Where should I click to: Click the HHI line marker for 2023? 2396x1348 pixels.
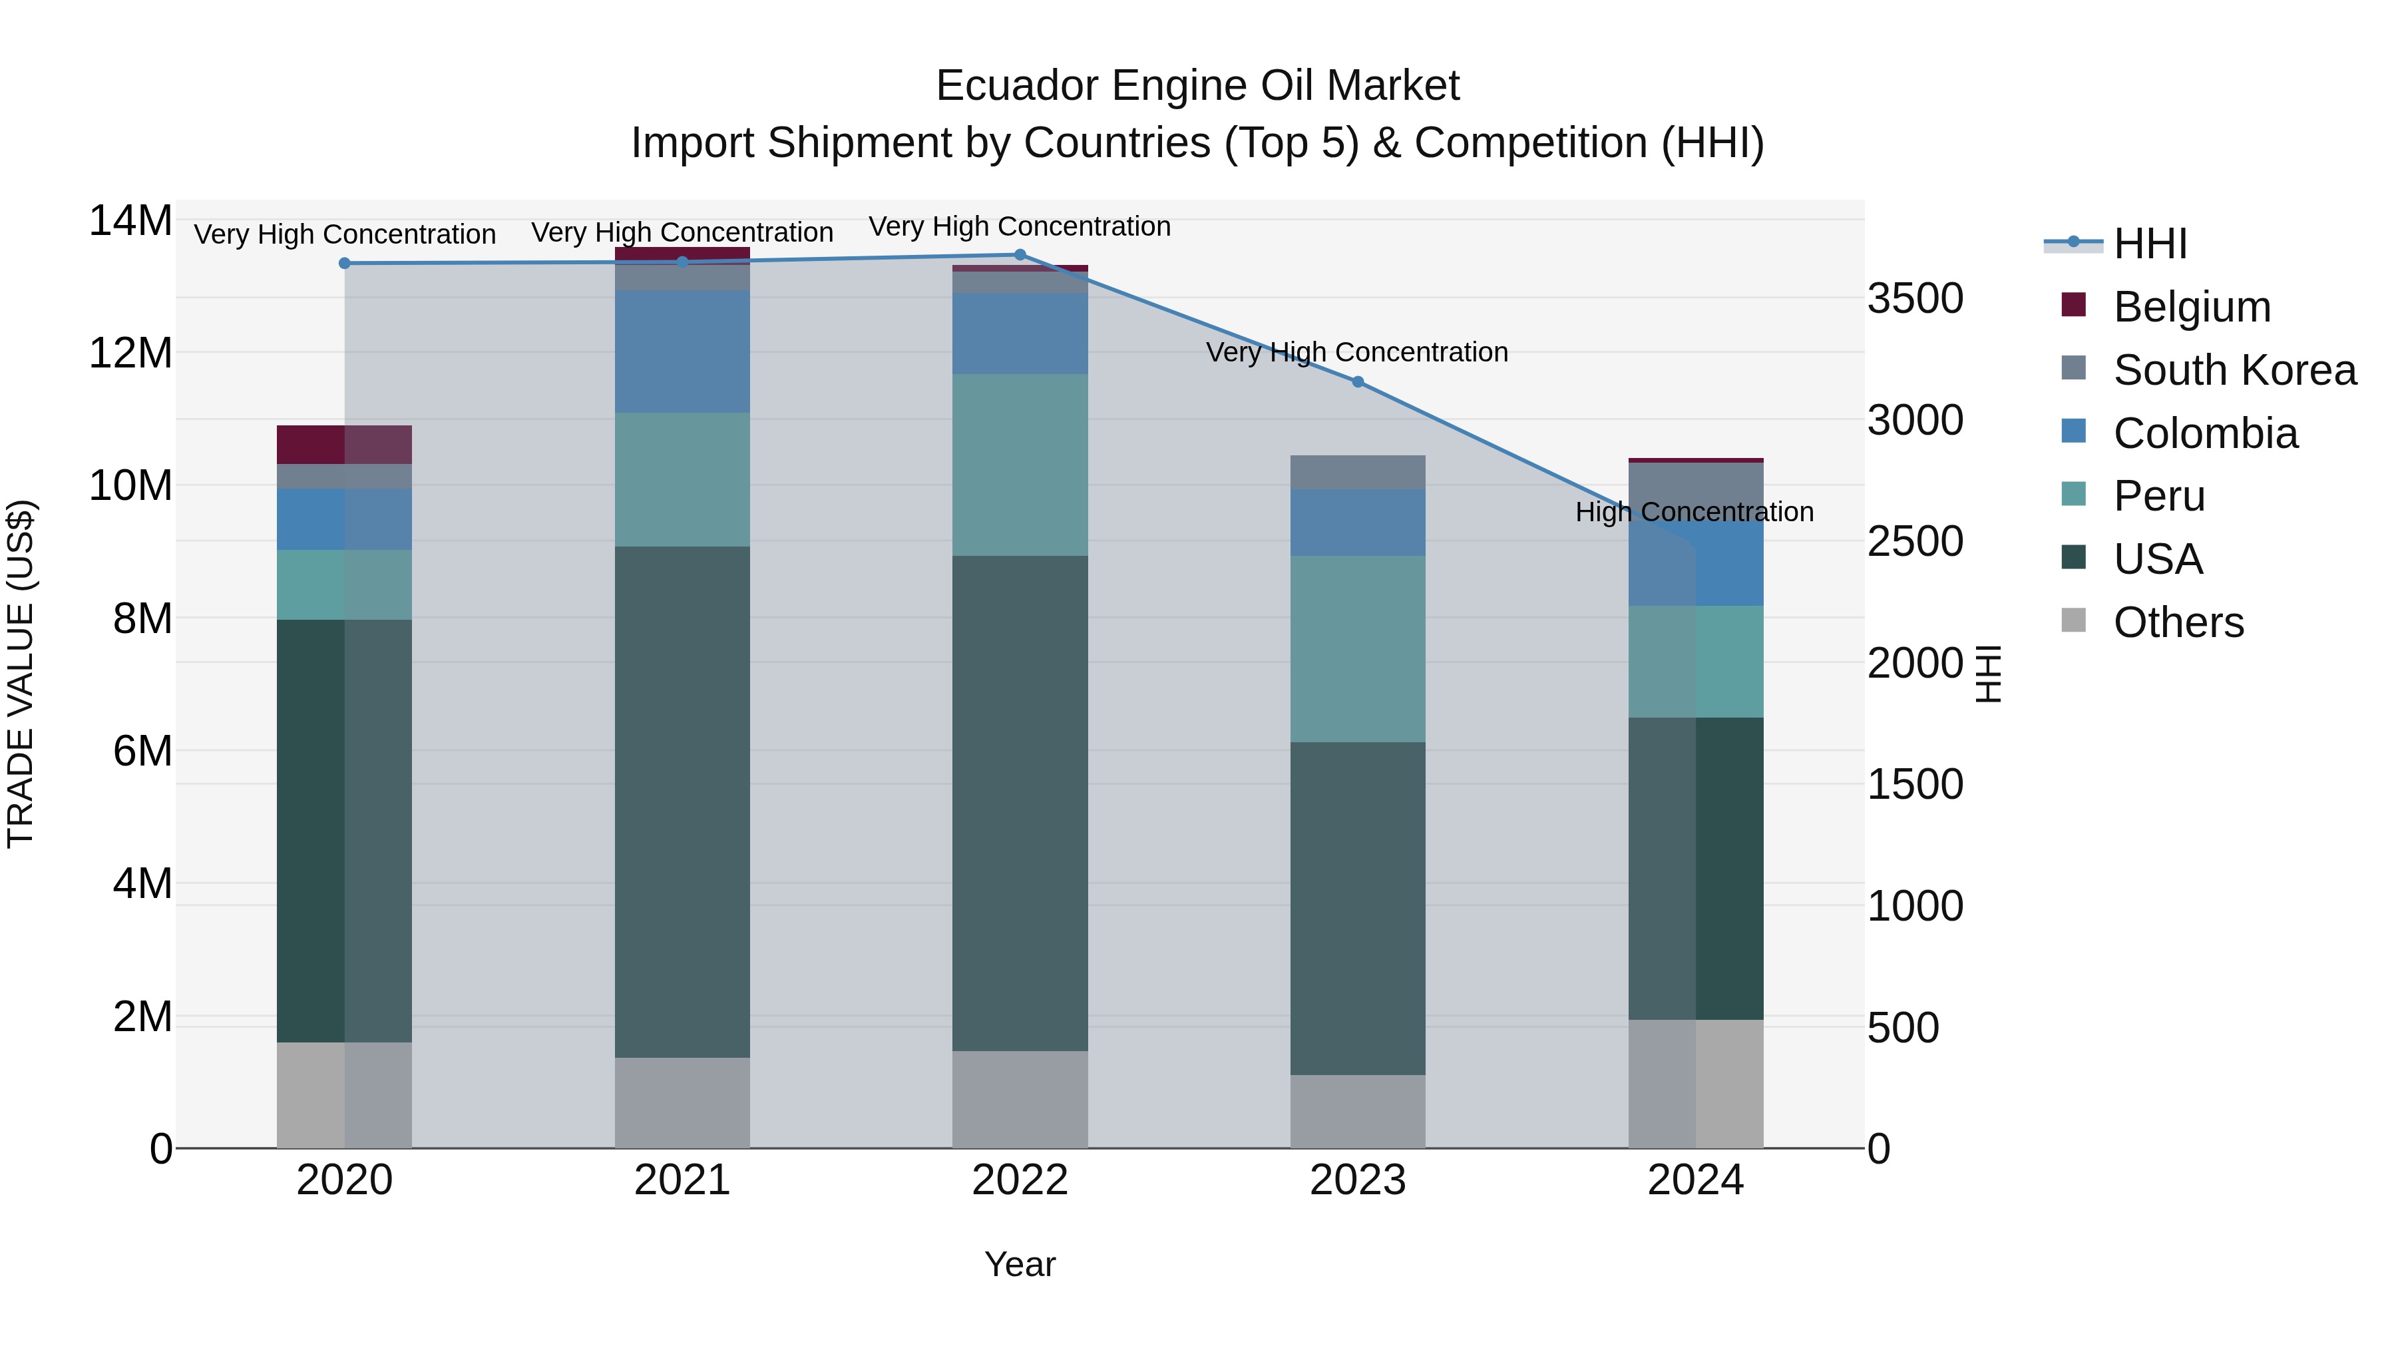(1357, 381)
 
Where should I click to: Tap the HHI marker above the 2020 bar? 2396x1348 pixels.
(345, 263)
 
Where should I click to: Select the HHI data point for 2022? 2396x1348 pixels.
(1020, 255)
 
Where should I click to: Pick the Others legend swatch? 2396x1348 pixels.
(2073, 620)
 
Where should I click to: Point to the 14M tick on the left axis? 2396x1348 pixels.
(130, 222)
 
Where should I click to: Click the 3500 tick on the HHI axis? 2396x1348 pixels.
(1915, 300)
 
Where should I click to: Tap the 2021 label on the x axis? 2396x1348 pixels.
(682, 1180)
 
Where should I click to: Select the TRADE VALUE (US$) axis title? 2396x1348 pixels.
(21, 674)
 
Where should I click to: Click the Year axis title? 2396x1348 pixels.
(1020, 1264)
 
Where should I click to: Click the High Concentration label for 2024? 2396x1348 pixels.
(1694, 512)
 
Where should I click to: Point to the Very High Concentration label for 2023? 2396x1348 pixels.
(1356, 353)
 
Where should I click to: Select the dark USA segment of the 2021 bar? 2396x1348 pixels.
(682, 800)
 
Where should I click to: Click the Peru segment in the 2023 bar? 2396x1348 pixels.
(1357, 648)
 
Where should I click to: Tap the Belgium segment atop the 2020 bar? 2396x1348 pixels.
(344, 444)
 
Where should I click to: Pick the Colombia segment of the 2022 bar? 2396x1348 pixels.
(1020, 333)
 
